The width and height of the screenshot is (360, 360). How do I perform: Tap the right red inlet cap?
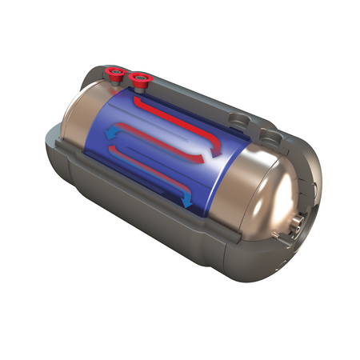tap(142, 78)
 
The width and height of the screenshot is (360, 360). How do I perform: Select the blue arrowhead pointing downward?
tap(187, 203)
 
